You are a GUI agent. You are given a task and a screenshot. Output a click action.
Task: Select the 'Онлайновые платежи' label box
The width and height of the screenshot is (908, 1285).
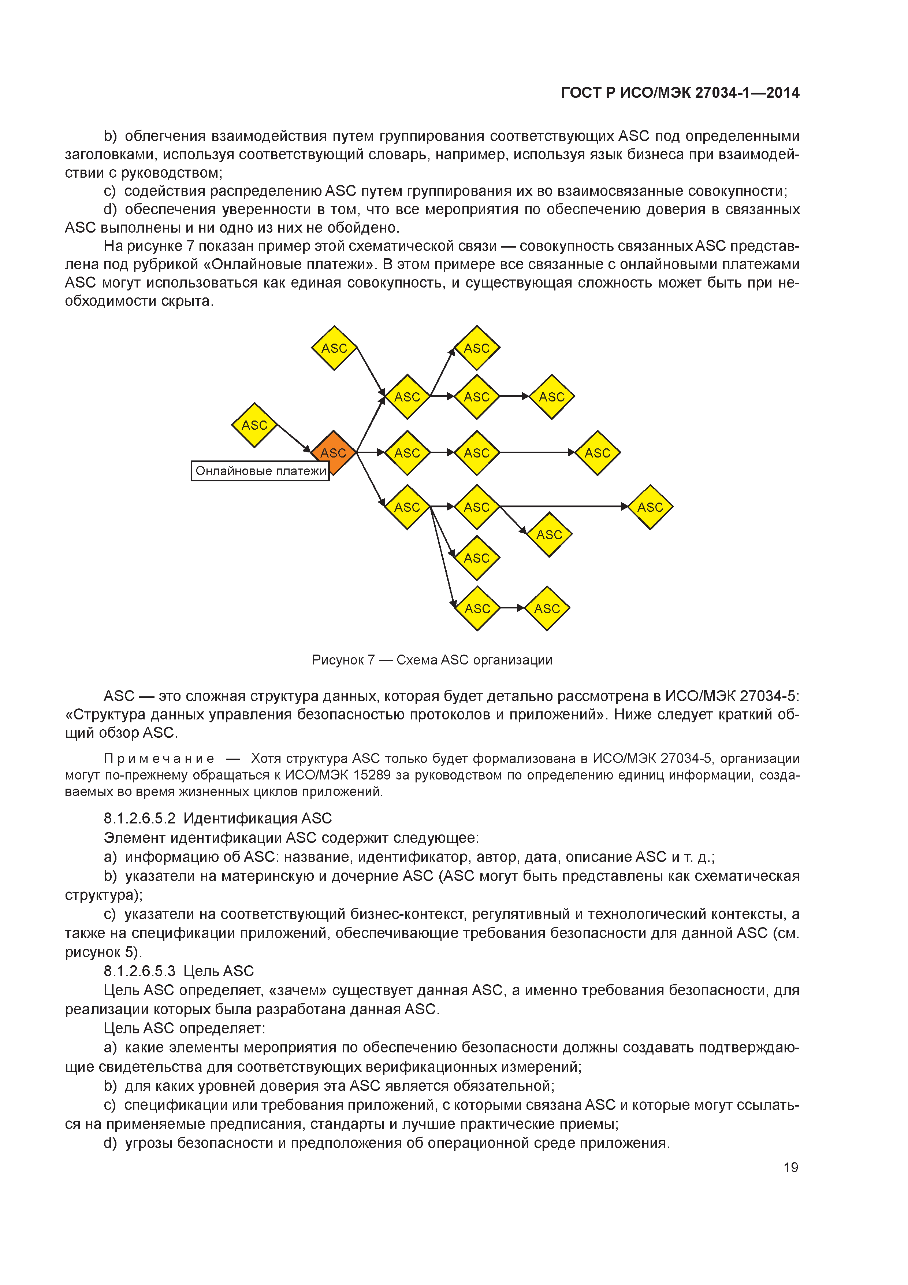coord(260,471)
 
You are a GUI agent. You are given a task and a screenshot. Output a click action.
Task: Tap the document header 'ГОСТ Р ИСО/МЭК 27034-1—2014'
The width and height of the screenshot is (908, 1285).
coord(680,93)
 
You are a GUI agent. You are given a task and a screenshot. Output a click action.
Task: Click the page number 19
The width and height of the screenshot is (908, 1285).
coord(790,1167)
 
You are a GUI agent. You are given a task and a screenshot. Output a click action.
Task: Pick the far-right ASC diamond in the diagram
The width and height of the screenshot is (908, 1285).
coord(650,507)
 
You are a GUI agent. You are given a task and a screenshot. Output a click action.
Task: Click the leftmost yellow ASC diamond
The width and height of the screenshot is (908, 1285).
coord(254,425)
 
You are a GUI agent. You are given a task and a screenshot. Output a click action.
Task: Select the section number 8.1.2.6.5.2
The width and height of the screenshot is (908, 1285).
coord(139,819)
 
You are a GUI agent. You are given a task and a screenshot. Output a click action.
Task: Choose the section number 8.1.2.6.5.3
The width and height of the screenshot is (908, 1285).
coord(139,971)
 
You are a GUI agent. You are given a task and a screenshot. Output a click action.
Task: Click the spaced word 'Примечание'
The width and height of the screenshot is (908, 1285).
coord(159,759)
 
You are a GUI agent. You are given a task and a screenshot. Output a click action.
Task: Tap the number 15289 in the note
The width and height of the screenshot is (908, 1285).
coord(373,775)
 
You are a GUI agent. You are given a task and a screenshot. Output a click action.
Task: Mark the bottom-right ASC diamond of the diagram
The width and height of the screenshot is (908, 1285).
coord(547,608)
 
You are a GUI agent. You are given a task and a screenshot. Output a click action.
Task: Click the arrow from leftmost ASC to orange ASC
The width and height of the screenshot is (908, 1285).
coord(294,438)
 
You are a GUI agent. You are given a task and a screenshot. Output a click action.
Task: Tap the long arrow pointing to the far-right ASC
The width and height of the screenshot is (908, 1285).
coord(562,507)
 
